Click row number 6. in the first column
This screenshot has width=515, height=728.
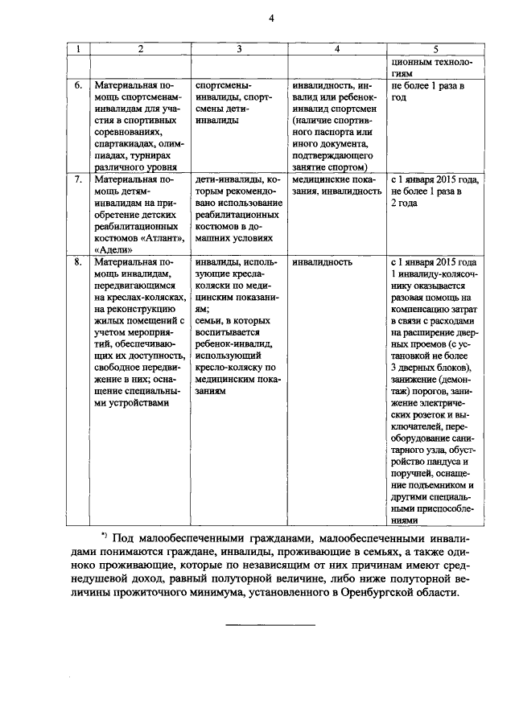click(78, 84)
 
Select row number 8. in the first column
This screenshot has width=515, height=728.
click(78, 262)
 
